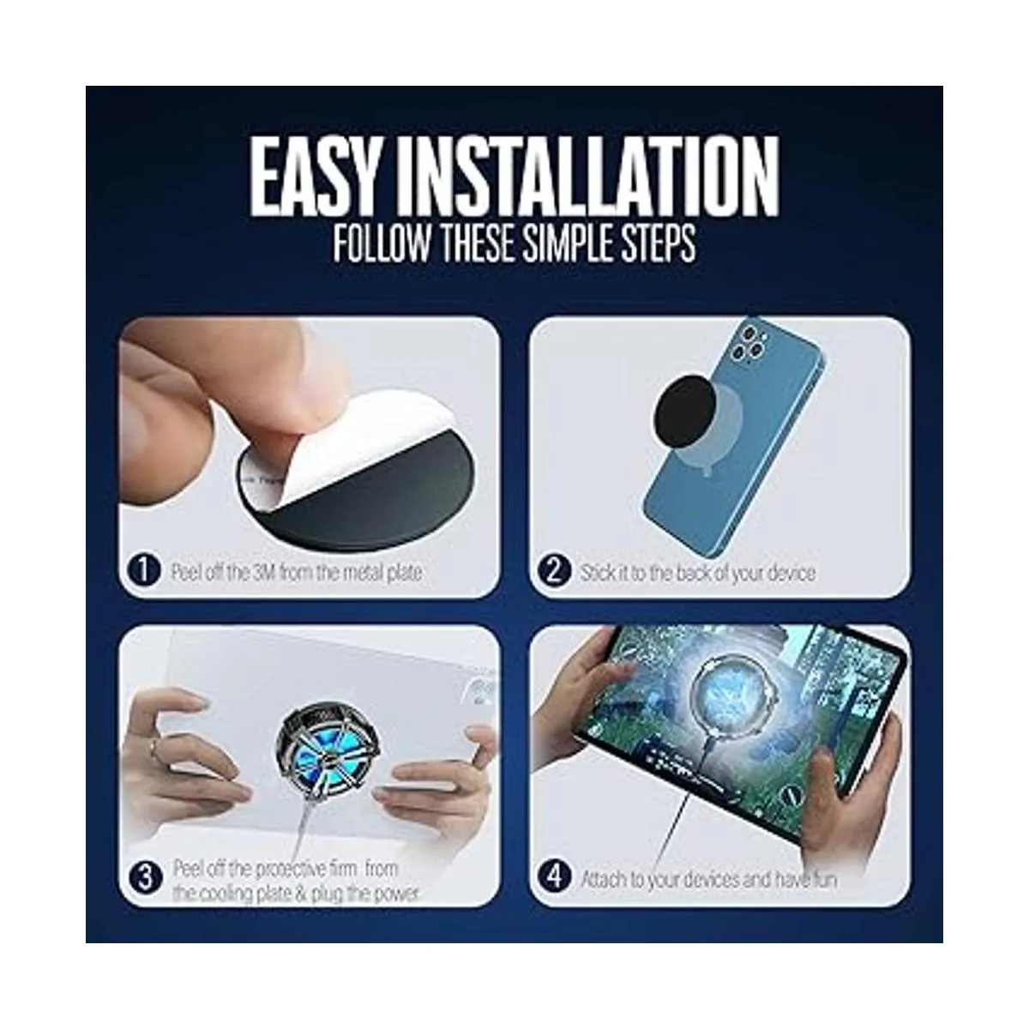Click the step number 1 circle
144,572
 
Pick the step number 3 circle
145,878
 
